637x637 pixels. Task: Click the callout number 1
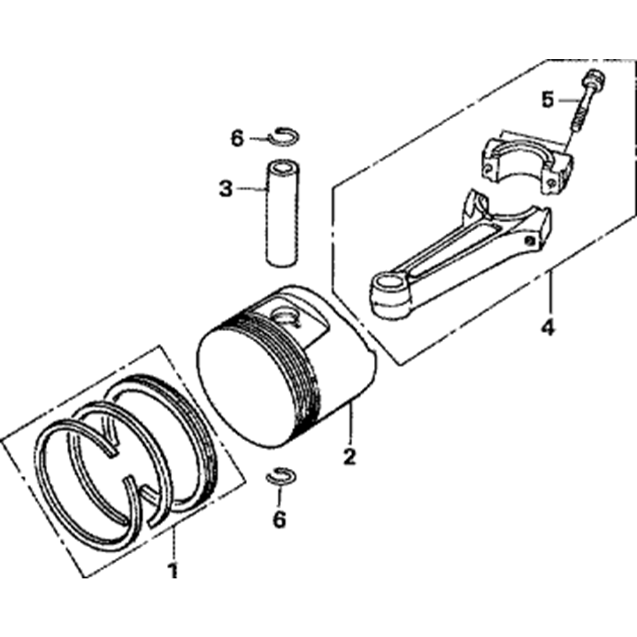click(x=173, y=569)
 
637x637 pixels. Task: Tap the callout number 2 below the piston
click(x=349, y=457)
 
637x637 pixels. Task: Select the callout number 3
click(x=226, y=189)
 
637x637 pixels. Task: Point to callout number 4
click(x=548, y=325)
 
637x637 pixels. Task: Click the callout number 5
click(x=548, y=99)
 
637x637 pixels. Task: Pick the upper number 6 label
click(x=237, y=138)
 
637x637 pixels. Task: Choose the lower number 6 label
click(x=280, y=519)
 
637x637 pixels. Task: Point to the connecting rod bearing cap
click(x=527, y=162)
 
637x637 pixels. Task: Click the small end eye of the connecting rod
click(x=390, y=294)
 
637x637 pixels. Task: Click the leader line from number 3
click(x=250, y=189)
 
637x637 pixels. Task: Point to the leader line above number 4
click(x=550, y=291)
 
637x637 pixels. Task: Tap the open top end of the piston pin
click(x=283, y=168)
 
